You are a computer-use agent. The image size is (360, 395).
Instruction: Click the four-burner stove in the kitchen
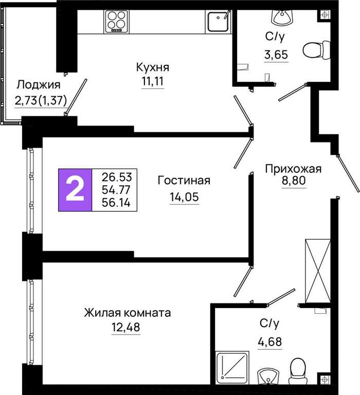[116, 22]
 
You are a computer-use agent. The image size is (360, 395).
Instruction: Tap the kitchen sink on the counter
[218, 21]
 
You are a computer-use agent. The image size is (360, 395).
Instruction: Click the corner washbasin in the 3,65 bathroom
[282, 17]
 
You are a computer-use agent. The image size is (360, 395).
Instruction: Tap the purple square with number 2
[75, 190]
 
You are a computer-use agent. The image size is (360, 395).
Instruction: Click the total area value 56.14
[116, 203]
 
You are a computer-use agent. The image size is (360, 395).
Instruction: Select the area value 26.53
[117, 177]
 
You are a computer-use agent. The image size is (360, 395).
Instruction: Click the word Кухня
[153, 67]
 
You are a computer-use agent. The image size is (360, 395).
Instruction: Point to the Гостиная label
[184, 181]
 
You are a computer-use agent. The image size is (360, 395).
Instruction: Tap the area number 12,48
[125, 327]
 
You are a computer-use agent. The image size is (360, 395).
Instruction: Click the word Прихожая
[293, 169]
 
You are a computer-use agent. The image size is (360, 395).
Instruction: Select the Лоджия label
[38, 85]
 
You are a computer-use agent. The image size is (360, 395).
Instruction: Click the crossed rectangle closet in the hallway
[318, 271]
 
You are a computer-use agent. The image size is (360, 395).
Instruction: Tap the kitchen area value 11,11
[153, 81]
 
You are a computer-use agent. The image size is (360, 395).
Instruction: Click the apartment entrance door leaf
[348, 173]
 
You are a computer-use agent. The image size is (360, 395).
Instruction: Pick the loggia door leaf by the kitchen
[76, 97]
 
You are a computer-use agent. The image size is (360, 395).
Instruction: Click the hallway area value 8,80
[294, 181]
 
